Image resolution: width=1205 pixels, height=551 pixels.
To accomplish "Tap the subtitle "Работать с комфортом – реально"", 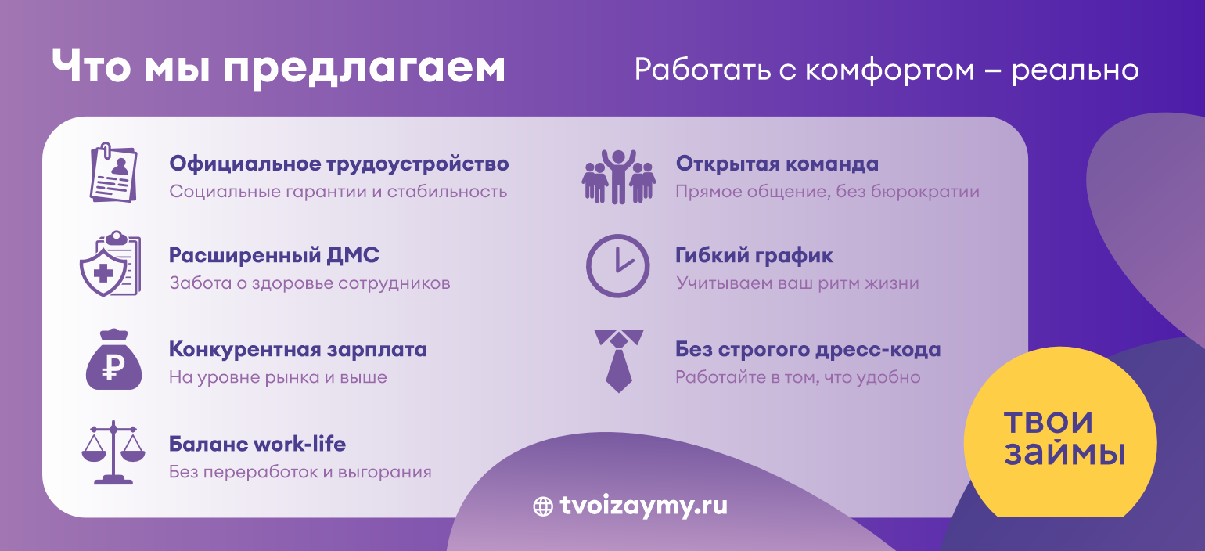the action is pyautogui.click(x=887, y=70).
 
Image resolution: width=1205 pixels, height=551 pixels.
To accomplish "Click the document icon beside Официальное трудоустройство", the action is pyautogui.click(x=113, y=173).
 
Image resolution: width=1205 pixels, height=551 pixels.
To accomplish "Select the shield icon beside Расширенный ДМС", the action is pyautogui.click(x=110, y=264).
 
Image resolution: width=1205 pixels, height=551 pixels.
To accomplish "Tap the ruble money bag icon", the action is pyautogui.click(x=113, y=359).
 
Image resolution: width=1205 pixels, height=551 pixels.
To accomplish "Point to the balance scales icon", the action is pyautogui.click(x=113, y=452).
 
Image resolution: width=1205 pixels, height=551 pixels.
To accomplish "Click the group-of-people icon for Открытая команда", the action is pyautogui.click(x=619, y=177).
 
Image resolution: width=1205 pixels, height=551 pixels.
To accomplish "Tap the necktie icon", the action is pyautogui.click(x=619, y=361).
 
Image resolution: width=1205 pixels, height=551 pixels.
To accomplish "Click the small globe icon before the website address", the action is pyautogui.click(x=543, y=506).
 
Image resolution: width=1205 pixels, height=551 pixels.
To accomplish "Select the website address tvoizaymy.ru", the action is pyautogui.click(x=643, y=506).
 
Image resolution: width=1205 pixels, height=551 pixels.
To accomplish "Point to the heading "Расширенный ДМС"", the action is pyautogui.click(x=274, y=255).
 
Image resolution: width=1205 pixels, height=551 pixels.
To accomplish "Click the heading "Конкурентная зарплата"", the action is pyautogui.click(x=297, y=350).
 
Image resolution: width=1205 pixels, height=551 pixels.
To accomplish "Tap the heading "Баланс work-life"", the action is pyautogui.click(x=257, y=444).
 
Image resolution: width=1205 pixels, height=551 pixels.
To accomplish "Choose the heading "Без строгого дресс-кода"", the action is pyautogui.click(x=808, y=350).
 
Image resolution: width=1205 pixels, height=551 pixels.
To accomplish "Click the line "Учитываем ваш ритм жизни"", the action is pyautogui.click(x=797, y=283).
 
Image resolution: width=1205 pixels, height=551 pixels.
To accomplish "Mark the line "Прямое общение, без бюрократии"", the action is pyautogui.click(x=827, y=192).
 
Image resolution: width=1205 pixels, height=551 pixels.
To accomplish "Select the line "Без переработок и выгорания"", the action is pyautogui.click(x=300, y=472).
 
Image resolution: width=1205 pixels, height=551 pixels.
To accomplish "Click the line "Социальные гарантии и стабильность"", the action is pyautogui.click(x=338, y=192).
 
